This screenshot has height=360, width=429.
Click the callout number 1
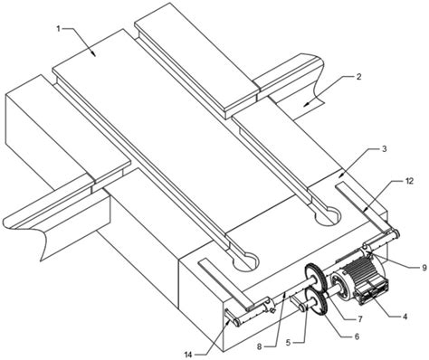pos(60,29)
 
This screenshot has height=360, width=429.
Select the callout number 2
pos(358,76)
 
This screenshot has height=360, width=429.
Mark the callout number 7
pos(359,318)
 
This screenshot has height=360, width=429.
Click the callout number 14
pos(188,355)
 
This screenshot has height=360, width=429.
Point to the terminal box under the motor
pos(372,292)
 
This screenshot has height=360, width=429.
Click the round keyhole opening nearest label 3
pos(328,216)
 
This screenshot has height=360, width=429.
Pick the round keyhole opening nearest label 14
pos(245,261)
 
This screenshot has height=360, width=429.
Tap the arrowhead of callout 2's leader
pos(306,104)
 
